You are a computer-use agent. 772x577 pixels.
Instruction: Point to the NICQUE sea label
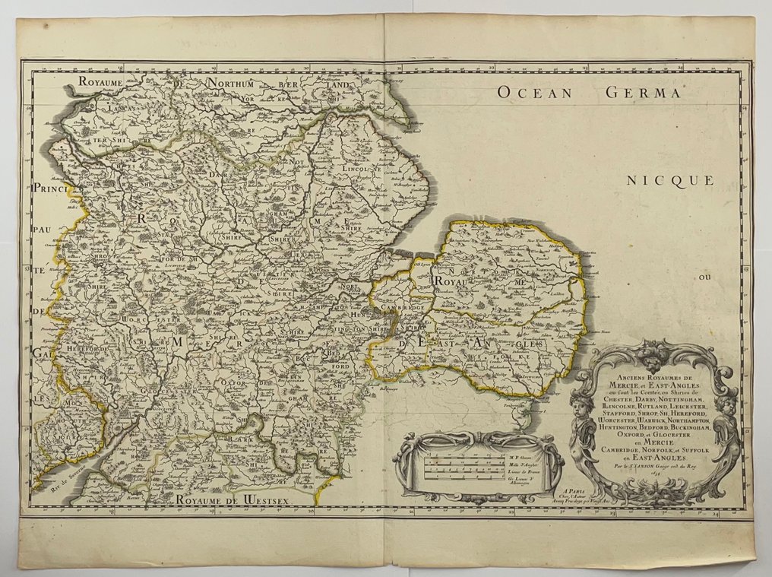click(x=671, y=180)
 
